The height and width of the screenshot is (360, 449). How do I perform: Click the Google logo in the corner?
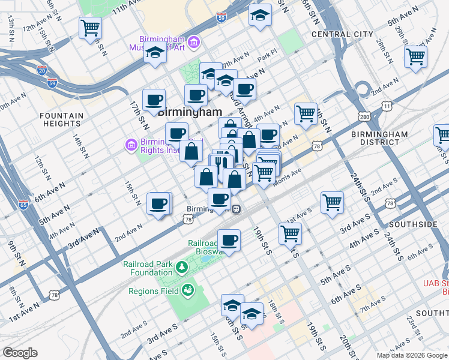pos(20,353)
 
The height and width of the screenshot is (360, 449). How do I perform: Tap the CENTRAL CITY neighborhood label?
pos(342,34)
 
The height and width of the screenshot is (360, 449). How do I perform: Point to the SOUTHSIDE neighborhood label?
pos(413,224)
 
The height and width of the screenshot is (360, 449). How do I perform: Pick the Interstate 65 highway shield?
pos(23,205)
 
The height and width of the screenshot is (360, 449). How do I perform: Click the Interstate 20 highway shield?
pos(42,70)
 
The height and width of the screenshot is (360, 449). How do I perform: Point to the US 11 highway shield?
pos(387,106)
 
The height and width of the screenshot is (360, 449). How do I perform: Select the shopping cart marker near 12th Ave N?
pos(90,26)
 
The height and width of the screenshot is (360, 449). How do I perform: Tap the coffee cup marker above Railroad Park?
pos(229,241)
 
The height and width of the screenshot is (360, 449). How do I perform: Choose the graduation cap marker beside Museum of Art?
pos(155,53)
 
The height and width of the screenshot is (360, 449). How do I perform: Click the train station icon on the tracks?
pos(238,209)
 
